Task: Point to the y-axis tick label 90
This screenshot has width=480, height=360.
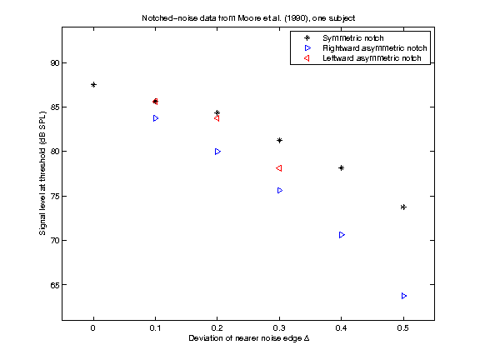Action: pos(52,62)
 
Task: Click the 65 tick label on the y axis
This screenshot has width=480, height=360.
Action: pos(52,285)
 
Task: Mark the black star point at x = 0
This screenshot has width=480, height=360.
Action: pos(93,84)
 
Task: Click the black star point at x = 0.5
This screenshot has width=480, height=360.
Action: pos(403,207)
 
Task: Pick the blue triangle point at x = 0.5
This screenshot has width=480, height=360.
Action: pos(404,296)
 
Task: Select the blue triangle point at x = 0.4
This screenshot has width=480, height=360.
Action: pos(342,235)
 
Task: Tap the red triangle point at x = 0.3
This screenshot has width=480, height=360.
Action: pos(279,168)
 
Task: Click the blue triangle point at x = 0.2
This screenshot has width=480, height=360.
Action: pos(217,152)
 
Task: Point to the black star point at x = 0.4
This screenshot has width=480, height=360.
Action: pos(342,167)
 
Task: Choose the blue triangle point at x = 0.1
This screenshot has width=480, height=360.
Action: pos(156,118)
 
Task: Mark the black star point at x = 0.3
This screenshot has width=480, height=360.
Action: pos(279,140)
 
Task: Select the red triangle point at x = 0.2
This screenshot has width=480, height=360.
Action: pos(217,118)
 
